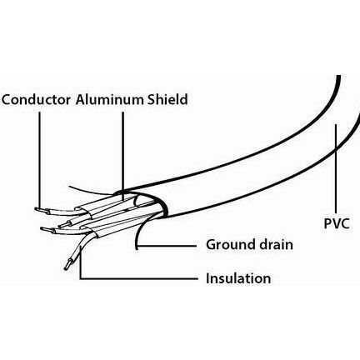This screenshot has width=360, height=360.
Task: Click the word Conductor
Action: (36, 100)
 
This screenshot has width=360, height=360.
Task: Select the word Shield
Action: (167, 99)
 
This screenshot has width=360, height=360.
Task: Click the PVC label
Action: (337, 223)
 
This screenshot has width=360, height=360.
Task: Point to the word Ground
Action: (231, 245)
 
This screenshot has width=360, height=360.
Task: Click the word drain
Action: (276, 244)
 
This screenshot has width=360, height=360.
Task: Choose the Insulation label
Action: (238, 278)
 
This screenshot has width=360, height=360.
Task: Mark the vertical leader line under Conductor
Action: (39, 159)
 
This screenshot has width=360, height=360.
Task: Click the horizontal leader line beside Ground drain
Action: (167, 246)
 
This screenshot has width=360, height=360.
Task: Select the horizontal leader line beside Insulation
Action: (138, 278)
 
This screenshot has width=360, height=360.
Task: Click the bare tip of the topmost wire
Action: (40, 210)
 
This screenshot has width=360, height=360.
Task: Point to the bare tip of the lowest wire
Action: (67, 264)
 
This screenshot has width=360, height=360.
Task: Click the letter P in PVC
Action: (327, 223)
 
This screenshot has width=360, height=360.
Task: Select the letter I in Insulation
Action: (207, 278)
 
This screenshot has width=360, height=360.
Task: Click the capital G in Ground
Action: (212, 245)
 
